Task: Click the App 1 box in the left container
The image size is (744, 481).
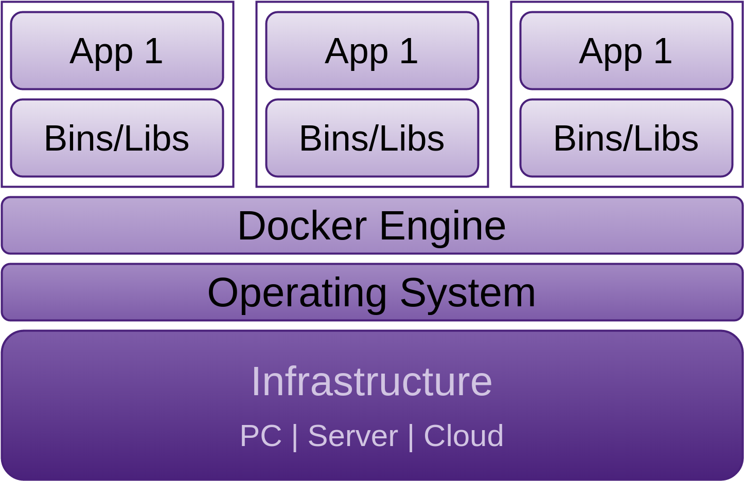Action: (117, 51)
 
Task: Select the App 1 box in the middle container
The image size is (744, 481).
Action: (372, 51)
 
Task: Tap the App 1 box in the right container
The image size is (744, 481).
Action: (626, 51)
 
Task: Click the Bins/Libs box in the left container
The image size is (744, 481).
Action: (117, 138)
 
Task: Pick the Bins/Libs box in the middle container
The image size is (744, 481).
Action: (372, 138)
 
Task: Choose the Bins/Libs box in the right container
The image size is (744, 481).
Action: (626, 138)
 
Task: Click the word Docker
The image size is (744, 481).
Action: (303, 226)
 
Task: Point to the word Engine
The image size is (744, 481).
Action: (442, 228)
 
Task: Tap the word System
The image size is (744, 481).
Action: (468, 294)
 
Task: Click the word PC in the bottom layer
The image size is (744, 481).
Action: (261, 436)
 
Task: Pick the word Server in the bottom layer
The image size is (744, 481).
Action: (353, 436)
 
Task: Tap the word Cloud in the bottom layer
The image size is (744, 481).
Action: (464, 436)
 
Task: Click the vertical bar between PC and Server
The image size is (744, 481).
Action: (295, 437)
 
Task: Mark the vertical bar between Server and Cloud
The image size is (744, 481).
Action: (411, 437)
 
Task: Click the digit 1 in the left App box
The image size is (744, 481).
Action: (153, 51)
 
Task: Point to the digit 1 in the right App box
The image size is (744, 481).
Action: (663, 51)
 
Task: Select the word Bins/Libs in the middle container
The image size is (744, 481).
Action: (372, 138)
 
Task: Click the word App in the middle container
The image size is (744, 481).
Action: (357, 53)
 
